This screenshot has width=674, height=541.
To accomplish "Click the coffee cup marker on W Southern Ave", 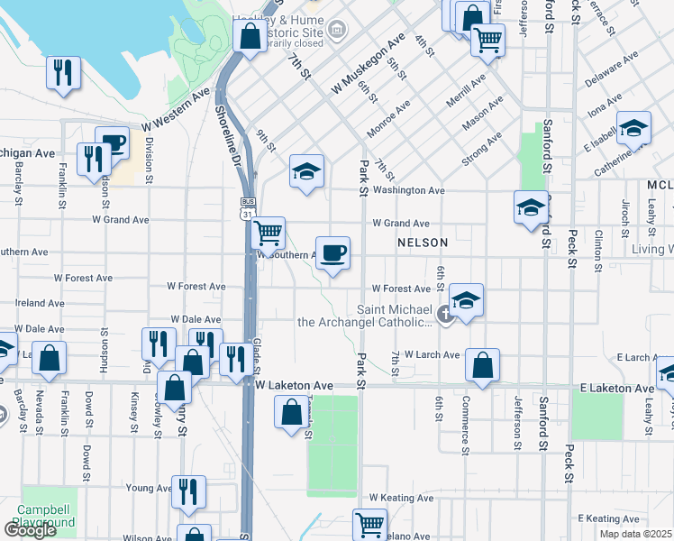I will tap(332, 253).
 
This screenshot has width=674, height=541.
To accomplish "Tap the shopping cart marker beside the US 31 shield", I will tap(268, 234).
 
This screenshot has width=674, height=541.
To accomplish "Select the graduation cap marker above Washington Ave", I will tap(306, 172).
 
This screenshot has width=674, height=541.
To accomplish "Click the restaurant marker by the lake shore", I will tap(63, 73).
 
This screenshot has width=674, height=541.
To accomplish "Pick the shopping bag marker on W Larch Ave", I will tap(483, 366).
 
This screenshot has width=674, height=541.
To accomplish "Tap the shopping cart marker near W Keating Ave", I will tap(369, 524).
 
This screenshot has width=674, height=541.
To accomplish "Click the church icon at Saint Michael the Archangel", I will tap(444, 315).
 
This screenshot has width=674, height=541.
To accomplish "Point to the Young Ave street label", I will tap(148, 488).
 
